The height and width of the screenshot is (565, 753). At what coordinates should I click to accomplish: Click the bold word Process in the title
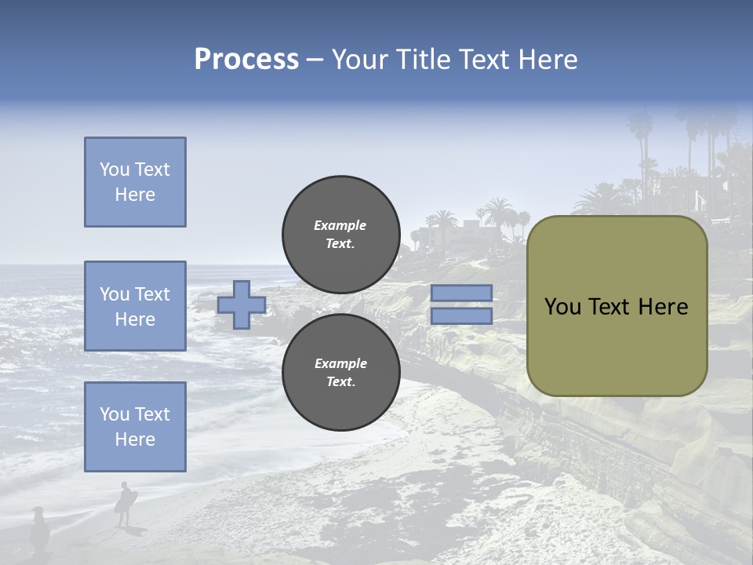pos(246,60)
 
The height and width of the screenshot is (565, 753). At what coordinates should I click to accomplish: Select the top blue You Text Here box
pos(135,182)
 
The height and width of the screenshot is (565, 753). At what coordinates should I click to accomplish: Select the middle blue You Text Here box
pos(135,306)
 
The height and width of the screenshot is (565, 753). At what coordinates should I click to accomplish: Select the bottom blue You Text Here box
pos(135,427)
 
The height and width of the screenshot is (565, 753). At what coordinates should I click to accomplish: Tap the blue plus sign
pos(242,304)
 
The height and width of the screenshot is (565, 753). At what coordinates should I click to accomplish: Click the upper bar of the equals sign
pos(461,293)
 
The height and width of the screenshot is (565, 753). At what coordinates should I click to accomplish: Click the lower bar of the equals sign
pos(461,315)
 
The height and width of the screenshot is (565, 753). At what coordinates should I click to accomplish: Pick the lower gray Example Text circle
pos(340,373)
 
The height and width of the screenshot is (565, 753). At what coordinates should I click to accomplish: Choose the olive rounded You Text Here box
pos(617,306)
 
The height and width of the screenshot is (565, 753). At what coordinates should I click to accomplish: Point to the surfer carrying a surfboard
pos(125,503)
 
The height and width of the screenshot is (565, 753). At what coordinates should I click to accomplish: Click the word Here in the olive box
pos(663,307)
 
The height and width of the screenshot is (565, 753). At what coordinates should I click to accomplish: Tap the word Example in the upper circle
pos(340,225)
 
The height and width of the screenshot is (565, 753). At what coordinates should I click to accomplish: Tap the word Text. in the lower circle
pos(340,382)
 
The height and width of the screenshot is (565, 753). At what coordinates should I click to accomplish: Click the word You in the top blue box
pos(114,169)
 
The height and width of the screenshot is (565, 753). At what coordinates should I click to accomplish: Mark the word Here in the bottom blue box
pos(135,439)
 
